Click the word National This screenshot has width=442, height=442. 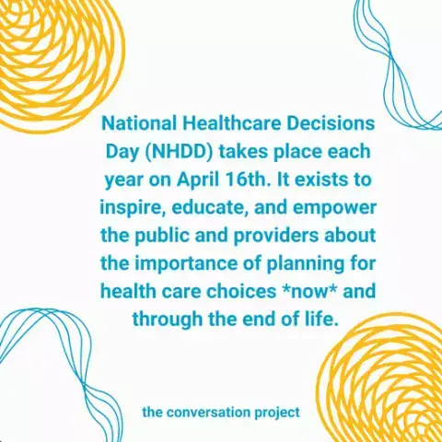pos(140,123)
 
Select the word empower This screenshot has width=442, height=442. pos(334,209)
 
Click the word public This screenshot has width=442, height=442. pos(162,237)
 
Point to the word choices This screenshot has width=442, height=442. pos(241,291)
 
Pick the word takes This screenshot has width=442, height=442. pos(243,152)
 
